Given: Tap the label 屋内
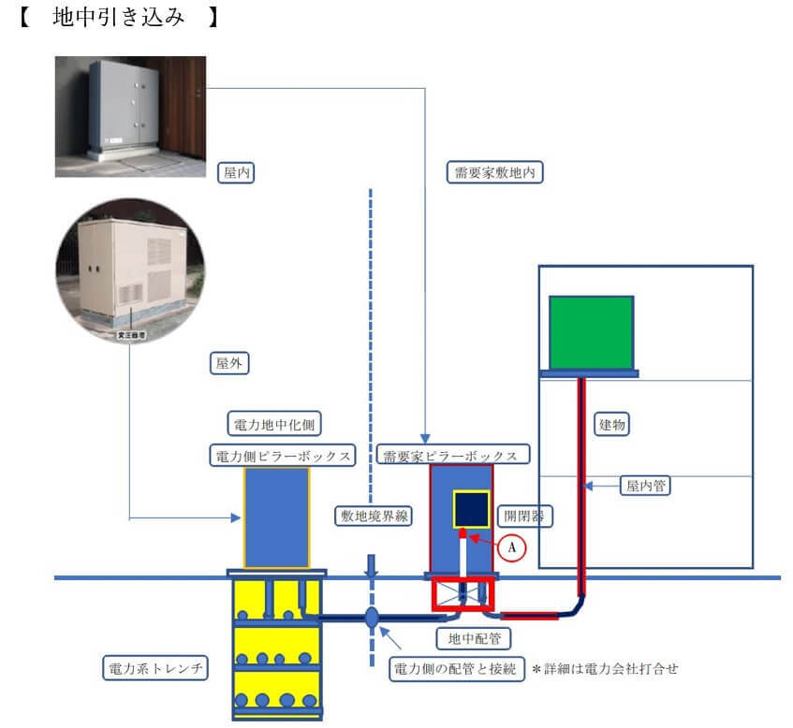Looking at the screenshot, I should tap(235, 172).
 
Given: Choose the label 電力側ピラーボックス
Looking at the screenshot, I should tap(282, 456).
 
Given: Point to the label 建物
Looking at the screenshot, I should tap(612, 425).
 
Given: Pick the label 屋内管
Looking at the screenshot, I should tap(640, 486).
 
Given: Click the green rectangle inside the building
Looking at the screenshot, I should tap(590, 332).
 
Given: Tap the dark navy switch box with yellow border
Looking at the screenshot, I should tap(471, 510).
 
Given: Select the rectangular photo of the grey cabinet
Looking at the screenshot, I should tap(130, 116).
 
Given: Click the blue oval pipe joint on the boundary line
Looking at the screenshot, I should tap(372, 618).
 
